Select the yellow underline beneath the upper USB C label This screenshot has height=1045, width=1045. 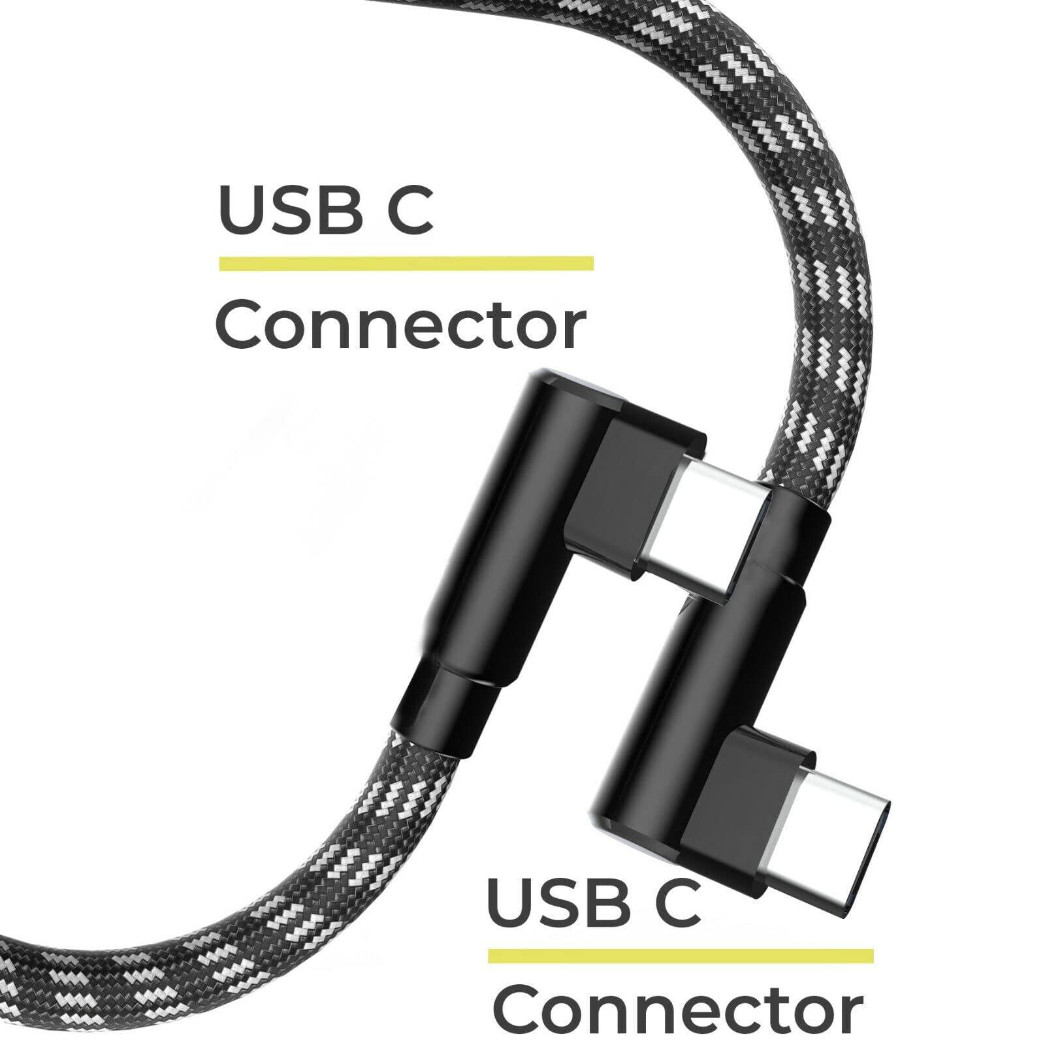(x=406, y=263)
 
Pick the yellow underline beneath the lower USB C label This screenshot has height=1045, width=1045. (x=680, y=956)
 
